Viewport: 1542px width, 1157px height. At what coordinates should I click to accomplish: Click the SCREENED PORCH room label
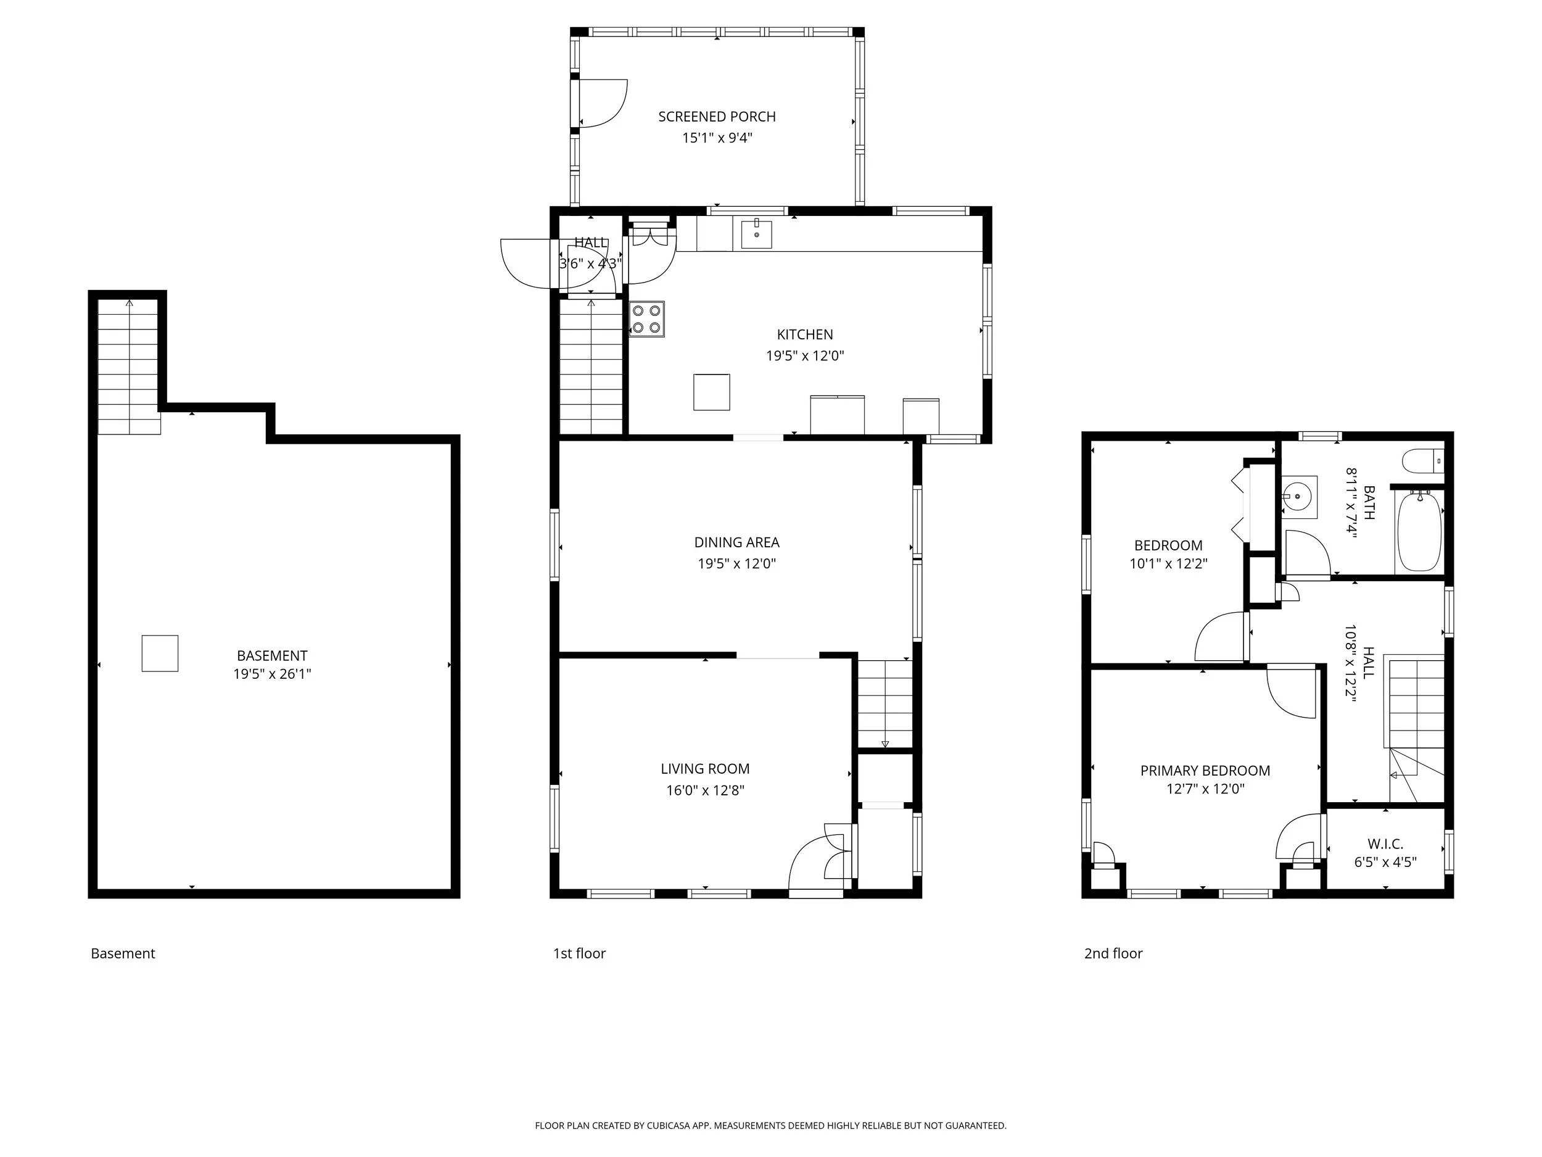717,117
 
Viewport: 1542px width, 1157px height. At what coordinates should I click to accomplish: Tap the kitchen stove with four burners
647,320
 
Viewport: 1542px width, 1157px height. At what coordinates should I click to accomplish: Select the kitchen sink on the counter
756,234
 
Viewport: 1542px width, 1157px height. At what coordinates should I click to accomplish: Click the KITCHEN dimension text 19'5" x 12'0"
805,355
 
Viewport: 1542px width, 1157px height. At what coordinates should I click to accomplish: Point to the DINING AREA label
737,542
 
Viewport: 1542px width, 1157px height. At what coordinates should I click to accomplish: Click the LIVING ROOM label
706,768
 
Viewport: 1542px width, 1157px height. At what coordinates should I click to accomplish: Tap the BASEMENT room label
272,655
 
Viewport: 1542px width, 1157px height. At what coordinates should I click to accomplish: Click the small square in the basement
160,653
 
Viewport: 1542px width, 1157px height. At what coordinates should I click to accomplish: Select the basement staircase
129,367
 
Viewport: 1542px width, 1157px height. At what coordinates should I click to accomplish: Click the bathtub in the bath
1419,531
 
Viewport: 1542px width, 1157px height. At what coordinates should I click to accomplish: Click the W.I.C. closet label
1385,844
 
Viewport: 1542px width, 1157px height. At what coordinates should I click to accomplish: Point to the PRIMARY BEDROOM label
1205,771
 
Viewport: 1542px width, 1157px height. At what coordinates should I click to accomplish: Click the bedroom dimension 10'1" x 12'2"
1168,563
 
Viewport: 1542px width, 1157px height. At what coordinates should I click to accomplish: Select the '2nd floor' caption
1113,953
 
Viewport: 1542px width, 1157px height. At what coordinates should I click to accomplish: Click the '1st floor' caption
579,953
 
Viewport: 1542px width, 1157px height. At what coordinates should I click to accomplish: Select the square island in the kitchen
712,392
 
